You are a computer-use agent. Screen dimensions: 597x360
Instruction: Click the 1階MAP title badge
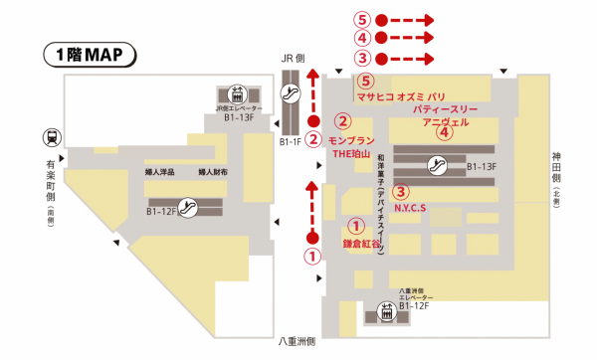point(88,54)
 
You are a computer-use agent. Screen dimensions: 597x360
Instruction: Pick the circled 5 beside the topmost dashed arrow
point(362,19)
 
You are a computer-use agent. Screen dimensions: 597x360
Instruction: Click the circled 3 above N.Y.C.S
point(400,191)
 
